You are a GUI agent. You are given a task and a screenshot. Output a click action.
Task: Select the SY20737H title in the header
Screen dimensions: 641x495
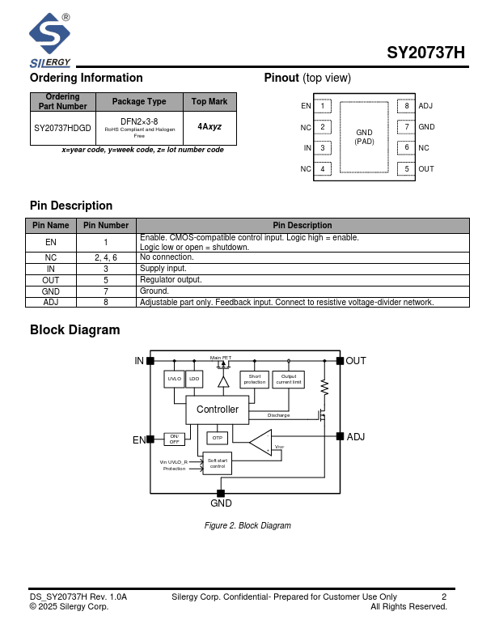[x=425, y=53]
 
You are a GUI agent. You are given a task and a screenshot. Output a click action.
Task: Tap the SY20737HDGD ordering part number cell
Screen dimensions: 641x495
[x=63, y=128]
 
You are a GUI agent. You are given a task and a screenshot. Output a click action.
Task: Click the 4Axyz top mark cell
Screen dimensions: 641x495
[x=209, y=128]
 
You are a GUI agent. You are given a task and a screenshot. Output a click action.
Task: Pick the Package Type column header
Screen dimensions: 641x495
[x=139, y=102]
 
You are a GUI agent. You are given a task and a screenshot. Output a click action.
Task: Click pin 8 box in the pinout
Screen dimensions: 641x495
[x=407, y=106]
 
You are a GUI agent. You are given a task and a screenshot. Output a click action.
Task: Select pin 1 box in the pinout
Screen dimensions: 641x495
[x=322, y=106]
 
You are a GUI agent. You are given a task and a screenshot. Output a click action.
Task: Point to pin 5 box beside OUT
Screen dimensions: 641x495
[x=407, y=169]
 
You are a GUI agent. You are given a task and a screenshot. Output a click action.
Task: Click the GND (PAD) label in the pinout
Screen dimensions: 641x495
[x=364, y=137]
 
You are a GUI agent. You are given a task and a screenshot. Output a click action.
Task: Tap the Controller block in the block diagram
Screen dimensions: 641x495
[x=218, y=410]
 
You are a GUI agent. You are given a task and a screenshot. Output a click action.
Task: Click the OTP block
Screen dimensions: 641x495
[x=216, y=438]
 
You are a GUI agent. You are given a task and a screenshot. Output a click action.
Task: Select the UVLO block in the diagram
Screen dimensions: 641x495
[x=175, y=379]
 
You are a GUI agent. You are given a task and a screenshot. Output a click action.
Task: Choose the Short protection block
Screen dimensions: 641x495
[x=254, y=379]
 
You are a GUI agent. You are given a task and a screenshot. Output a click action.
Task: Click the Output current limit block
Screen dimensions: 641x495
[x=289, y=379]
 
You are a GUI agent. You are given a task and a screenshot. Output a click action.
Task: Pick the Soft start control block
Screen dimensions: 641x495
[x=218, y=463]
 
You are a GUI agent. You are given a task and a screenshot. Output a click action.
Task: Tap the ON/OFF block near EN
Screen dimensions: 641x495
[x=174, y=439]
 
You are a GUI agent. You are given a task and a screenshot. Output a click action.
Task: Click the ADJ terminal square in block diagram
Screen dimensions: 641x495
[x=340, y=436]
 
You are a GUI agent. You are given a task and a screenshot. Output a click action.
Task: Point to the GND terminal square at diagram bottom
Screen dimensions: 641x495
[x=221, y=493]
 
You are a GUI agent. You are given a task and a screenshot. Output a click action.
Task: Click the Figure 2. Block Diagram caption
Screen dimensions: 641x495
[x=247, y=526]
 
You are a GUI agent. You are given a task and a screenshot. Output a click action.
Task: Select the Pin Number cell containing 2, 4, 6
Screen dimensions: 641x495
[x=106, y=257]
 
